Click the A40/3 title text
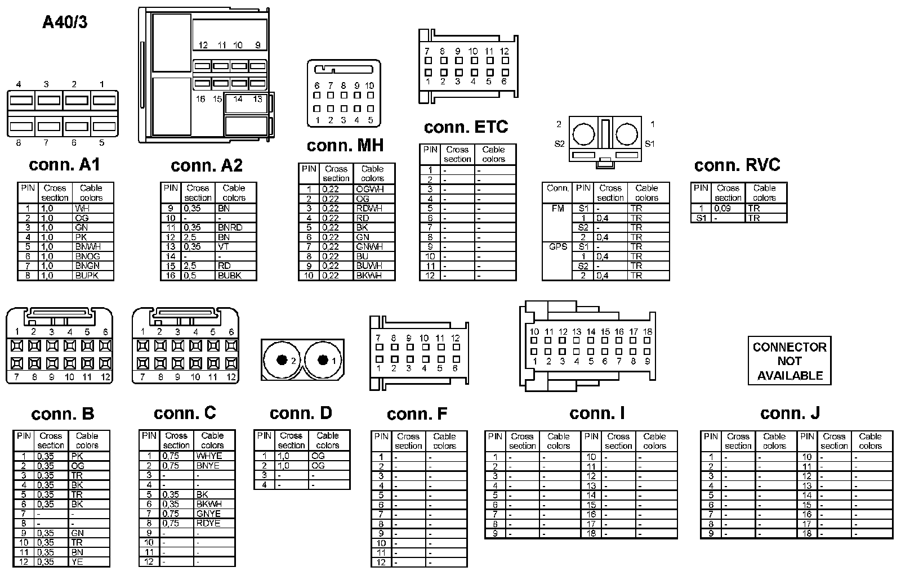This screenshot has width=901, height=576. [x=65, y=22]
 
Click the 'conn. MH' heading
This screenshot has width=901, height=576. [x=345, y=146]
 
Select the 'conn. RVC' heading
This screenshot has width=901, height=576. [x=737, y=165]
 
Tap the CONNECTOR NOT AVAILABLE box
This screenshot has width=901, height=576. [x=790, y=361]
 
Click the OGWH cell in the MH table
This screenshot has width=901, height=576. [x=370, y=190]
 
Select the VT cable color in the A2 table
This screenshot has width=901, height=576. [x=224, y=246]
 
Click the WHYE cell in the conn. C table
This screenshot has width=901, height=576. [x=209, y=456]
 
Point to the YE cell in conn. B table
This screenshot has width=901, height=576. [x=77, y=561]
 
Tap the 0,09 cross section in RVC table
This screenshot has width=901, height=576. [x=722, y=208]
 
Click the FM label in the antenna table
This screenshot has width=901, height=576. [x=557, y=208]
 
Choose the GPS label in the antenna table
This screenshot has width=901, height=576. [x=557, y=246]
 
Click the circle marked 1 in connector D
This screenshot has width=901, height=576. [x=323, y=360]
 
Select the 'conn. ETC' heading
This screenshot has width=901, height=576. [x=466, y=127]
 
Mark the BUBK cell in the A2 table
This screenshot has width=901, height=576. [x=230, y=276]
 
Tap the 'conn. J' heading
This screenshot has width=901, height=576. [x=790, y=413]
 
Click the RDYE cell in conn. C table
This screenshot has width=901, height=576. [x=208, y=523]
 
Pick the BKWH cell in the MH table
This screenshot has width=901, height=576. [x=369, y=276]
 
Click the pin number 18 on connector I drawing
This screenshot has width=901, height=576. [x=648, y=332]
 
